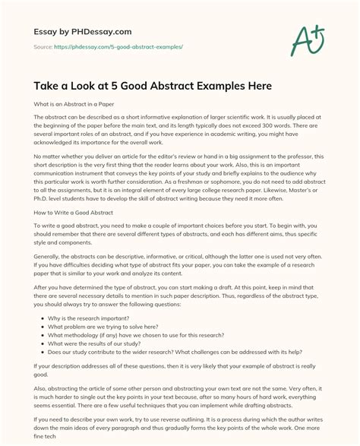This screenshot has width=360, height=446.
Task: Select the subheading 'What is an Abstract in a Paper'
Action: coord(74,104)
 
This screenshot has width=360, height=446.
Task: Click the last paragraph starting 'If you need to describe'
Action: coord(179,428)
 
